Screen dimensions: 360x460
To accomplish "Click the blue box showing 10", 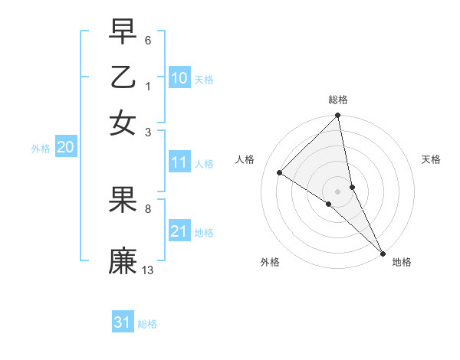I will point(179,78).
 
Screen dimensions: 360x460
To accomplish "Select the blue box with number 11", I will point(179,162).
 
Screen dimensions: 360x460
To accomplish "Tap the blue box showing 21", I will point(179,231).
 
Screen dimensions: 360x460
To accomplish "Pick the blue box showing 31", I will point(122,322).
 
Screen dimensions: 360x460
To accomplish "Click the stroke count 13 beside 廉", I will point(148,270).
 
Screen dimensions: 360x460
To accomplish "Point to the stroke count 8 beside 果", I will point(148,208).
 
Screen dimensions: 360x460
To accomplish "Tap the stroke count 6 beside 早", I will point(148,39).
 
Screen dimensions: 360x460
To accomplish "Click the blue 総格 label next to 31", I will point(147,324).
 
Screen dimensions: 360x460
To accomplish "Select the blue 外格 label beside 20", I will point(41,149).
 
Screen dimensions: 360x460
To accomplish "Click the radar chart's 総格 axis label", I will point(338,100).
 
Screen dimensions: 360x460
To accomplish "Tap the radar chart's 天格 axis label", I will point(432,159).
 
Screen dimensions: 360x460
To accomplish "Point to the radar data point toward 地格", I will point(382,253).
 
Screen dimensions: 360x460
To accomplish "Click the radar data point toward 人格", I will point(280,172).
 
